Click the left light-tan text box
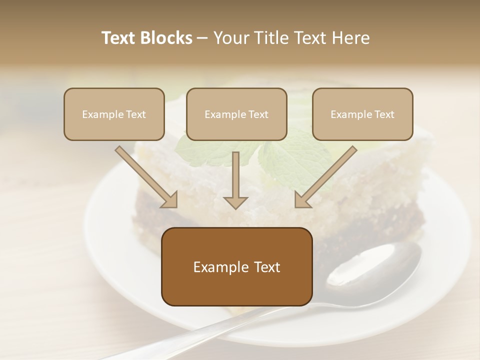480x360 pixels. click(x=114, y=114)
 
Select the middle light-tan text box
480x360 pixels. click(x=236, y=114)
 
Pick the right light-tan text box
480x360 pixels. click(x=362, y=114)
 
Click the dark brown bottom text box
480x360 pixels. click(x=236, y=266)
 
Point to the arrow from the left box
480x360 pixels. click(x=146, y=177)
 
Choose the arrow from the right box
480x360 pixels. click(x=325, y=177)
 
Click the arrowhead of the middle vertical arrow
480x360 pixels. click(x=235, y=202)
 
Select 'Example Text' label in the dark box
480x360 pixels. click(x=236, y=267)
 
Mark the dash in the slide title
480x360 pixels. click(x=202, y=38)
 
